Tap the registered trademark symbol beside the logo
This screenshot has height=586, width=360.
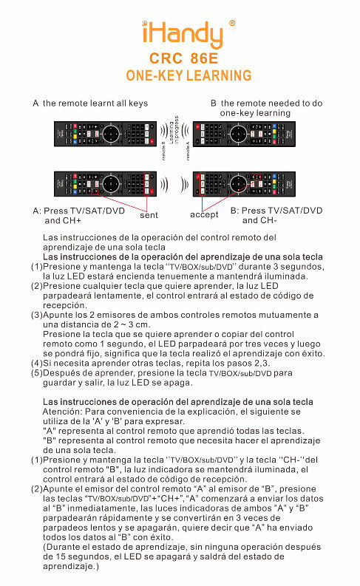click(233, 24)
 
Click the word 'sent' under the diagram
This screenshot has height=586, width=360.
click(149, 215)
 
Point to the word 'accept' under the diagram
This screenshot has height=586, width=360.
click(204, 214)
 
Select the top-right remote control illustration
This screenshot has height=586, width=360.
click(243, 135)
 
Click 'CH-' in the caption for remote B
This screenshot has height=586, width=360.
click(253, 220)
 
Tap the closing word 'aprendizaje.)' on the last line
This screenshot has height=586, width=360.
click(70, 565)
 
